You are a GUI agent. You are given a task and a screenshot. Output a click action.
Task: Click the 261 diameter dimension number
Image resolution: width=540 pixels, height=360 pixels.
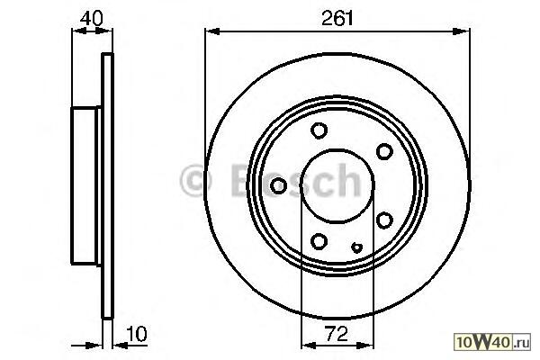pos(337,18)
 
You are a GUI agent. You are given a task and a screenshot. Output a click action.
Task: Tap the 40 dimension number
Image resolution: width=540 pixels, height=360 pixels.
pos(91,18)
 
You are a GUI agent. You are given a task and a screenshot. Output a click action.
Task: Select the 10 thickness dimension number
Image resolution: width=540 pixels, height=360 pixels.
pos(137,334)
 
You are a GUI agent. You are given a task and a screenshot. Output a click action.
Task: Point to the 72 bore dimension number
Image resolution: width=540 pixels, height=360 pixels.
pos(337,334)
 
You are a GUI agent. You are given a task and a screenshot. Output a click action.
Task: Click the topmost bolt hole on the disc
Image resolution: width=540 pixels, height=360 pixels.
pos(319,130)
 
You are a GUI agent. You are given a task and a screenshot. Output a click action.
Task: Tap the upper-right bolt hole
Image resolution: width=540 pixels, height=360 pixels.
pos(384,151)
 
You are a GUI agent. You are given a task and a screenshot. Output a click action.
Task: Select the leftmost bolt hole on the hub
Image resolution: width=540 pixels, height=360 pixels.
pos(278,185)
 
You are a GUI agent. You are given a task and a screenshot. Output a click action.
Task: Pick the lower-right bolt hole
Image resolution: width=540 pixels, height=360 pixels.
pos(384,220)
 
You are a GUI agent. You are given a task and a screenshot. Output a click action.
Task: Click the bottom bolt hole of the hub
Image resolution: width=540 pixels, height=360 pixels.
pos(319,241)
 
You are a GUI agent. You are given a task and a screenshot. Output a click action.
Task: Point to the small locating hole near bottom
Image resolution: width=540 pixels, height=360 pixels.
pos(356,247)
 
